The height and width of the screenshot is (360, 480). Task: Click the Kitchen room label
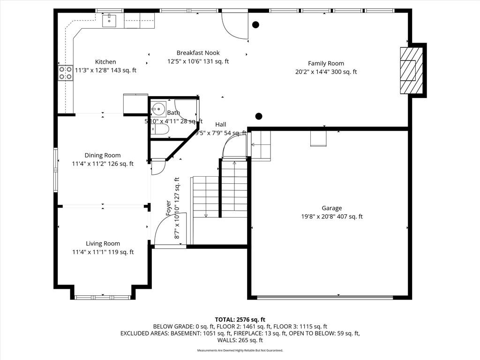pyautogui.click(x=105, y=62)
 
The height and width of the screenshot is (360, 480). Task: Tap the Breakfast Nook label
pyautogui.click(x=198, y=53)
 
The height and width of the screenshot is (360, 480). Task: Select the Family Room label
pyautogui.click(x=326, y=63)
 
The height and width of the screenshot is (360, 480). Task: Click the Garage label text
pyautogui.click(x=331, y=208)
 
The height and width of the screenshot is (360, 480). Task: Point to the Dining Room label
pyautogui.click(x=102, y=155)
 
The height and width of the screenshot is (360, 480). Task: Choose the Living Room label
pyautogui.click(x=103, y=243)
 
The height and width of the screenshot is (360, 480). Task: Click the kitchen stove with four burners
pyautogui.click(x=65, y=73)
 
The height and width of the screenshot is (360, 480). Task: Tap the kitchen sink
pyautogui.click(x=109, y=20)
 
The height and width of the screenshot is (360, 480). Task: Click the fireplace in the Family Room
pyautogui.click(x=411, y=71)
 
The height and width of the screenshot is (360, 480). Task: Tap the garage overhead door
pyautogui.click(x=325, y=297)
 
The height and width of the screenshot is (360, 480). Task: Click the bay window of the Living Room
pyautogui.click(x=103, y=297)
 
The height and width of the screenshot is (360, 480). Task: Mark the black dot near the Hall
pyautogui.click(x=259, y=116)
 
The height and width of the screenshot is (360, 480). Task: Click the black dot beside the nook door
pyautogui.click(x=255, y=25)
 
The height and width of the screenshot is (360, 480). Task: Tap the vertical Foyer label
pyautogui.click(x=169, y=208)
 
